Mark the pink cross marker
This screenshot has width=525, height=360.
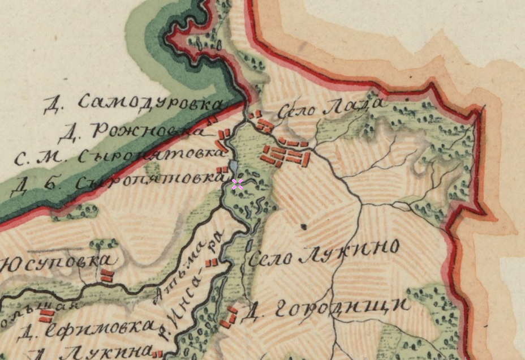237,183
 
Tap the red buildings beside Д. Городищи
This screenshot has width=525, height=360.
230,318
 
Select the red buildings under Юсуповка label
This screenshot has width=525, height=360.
106,276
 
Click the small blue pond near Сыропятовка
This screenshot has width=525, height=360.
233,168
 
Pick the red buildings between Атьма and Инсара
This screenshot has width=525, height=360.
212,262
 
